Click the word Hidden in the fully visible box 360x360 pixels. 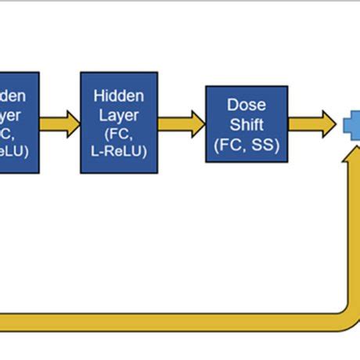[118, 95]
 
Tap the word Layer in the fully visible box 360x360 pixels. [118, 115]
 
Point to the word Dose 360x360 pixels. [247, 104]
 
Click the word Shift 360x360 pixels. [247, 124]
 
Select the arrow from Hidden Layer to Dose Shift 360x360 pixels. [180, 123]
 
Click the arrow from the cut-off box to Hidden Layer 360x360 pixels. [59, 123]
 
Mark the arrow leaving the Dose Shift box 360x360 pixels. [311, 123]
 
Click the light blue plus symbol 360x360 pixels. [353, 124]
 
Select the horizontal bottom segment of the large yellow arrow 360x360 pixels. [157, 321]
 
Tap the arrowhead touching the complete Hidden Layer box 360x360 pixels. [72, 123]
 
